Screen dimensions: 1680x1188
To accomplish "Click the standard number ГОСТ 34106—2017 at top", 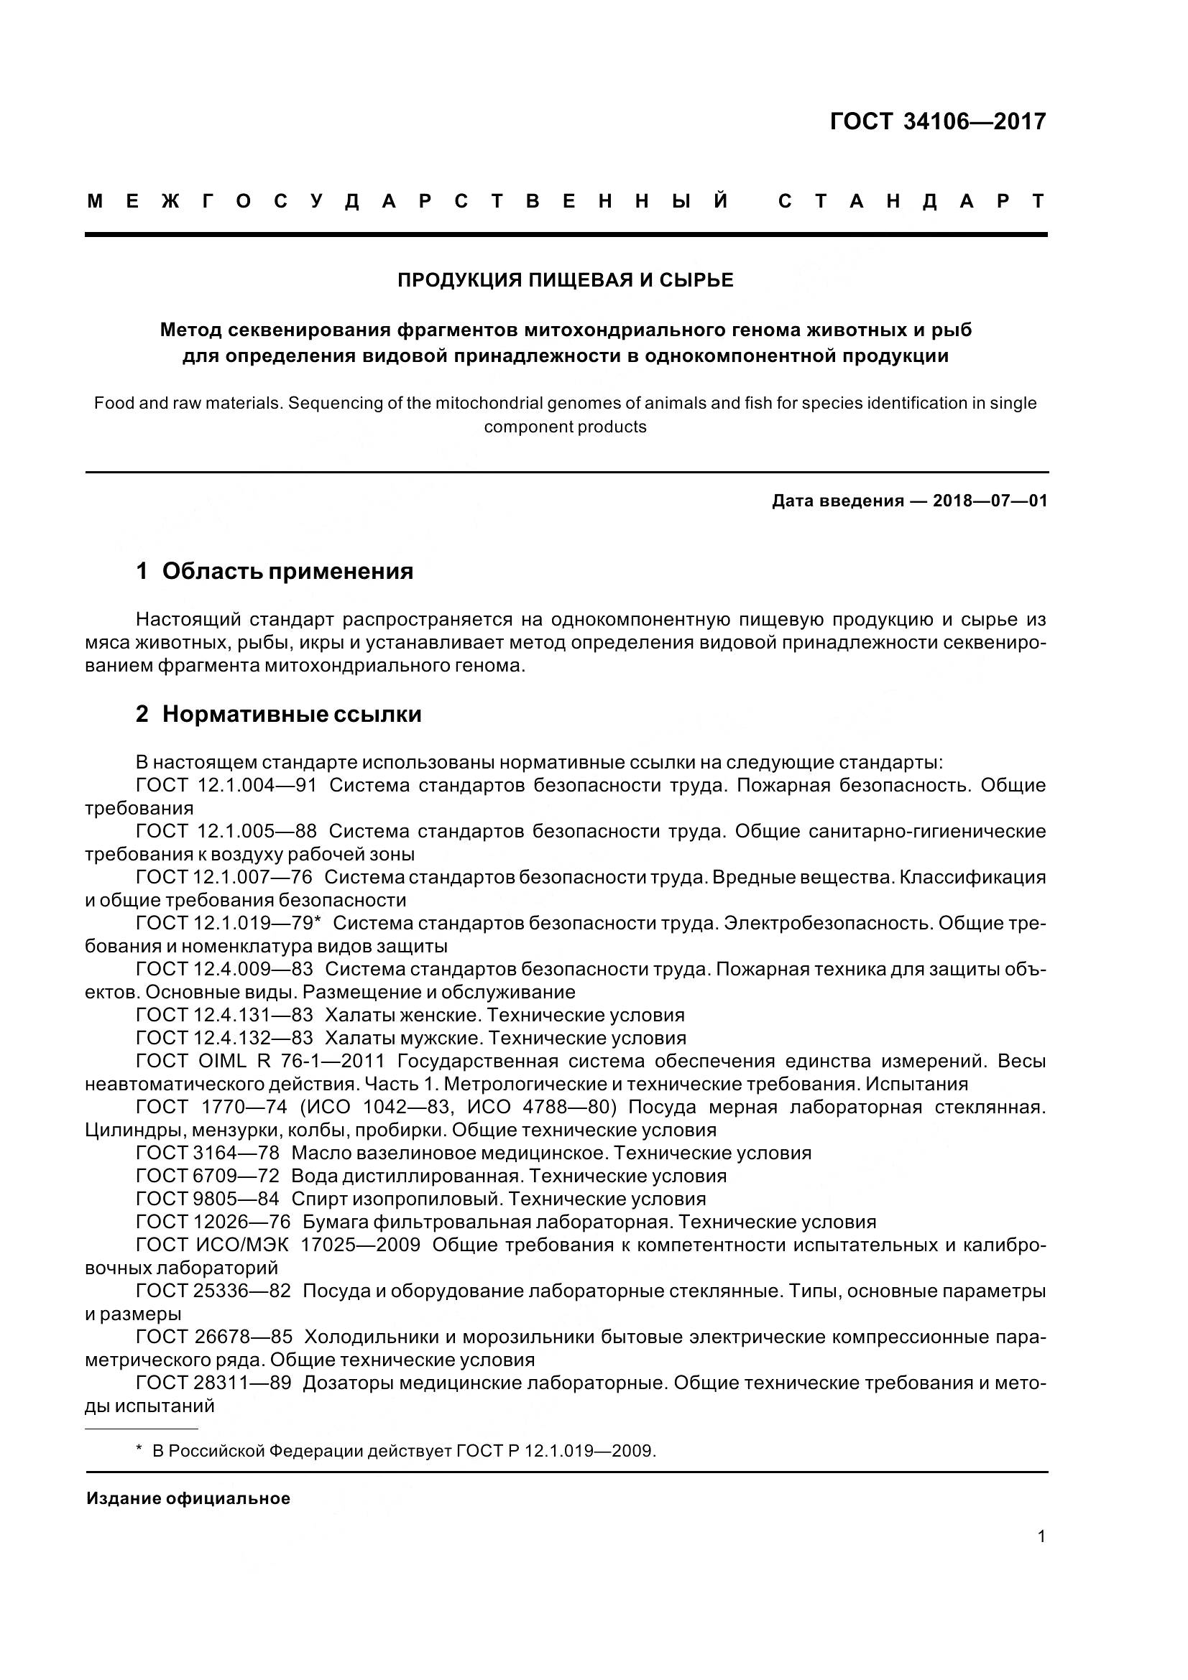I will coord(938,121).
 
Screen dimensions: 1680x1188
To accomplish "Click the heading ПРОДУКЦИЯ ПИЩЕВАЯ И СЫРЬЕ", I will coord(565,280).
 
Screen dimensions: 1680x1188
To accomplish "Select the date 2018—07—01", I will coord(990,501).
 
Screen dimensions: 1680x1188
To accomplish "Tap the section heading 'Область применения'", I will coord(287,572).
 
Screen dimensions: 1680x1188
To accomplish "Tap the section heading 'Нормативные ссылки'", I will coord(291,714).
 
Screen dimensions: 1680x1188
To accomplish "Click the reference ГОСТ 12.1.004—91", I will coord(226,786).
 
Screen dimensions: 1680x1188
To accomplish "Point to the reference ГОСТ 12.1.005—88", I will coord(226,832).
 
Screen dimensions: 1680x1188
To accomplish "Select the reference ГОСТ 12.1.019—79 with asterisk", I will coord(229,924).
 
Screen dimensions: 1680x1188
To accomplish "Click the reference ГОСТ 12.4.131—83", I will coord(224,1016).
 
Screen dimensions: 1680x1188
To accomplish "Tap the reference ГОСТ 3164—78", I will coord(207,1154).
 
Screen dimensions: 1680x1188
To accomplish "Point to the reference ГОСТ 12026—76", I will coord(213,1222).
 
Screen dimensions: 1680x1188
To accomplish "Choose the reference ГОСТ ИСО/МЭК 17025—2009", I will coord(278,1245).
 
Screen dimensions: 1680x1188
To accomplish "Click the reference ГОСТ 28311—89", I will coord(213,1383).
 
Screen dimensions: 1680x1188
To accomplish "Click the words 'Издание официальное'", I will coord(188,1498).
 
